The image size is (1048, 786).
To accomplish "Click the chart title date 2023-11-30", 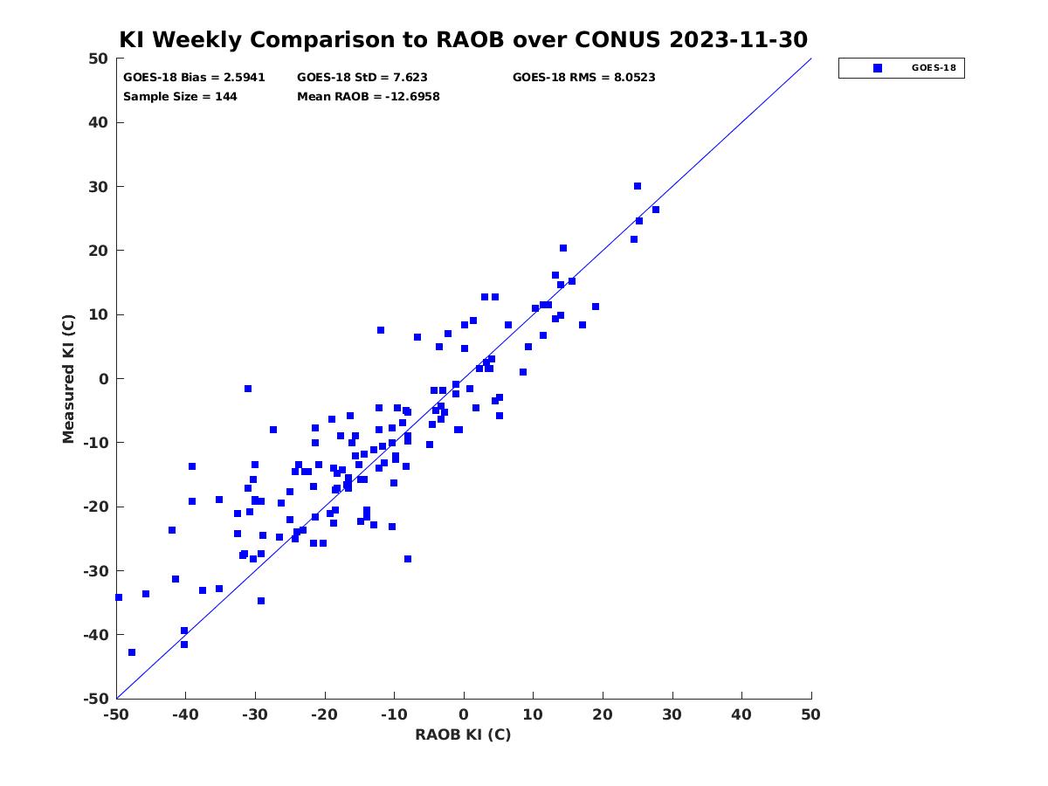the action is pyautogui.click(x=738, y=39).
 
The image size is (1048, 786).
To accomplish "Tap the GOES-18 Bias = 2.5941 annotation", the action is pyautogui.click(x=194, y=78).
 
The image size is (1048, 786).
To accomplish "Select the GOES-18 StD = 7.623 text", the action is pyautogui.click(x=362, y=78).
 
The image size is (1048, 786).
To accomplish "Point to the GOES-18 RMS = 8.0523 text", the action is pyautogui.click(x=583, y=78).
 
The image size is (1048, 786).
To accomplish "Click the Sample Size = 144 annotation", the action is pyautogui.click(x=180, y=96).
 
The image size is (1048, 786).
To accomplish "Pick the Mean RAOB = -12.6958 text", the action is pyautogui.click(x=369, y=96).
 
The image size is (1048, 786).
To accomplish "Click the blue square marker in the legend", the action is pyautogui.click(x=878, y=68).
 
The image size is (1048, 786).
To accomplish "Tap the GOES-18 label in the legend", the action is pyautogui.click(x=934, y=68).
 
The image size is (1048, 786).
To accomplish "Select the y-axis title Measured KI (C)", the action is pyautogui.click(x=68, y=378).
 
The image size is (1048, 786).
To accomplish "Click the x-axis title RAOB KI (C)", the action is pyautogui.click(x=463, y=734).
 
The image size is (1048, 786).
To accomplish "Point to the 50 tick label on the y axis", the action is pyautogui.click(x=99, y=59).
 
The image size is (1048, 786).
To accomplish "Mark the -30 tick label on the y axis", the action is pyautogui.click(x=96, y=571).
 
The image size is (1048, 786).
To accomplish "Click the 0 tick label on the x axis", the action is pyautogui.click(x=464, y=714).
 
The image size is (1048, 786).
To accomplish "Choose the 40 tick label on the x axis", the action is pyautogui.click(x=741, y=714).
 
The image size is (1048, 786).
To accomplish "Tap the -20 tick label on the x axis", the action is pyautogui.click(x=325, y=714).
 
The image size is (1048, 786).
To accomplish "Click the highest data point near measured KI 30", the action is pyautogui.click(x=638, y=186).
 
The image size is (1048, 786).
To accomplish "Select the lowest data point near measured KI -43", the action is pyautogui.click(x=132, y=652).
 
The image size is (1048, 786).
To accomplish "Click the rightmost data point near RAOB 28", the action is pyautogui.click(x=656, y=210).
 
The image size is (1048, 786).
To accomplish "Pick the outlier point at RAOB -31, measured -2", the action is pyautogui.click(x=248, y=389).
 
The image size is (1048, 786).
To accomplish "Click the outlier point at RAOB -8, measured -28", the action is pyautogui.click(x=408, y=559).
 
